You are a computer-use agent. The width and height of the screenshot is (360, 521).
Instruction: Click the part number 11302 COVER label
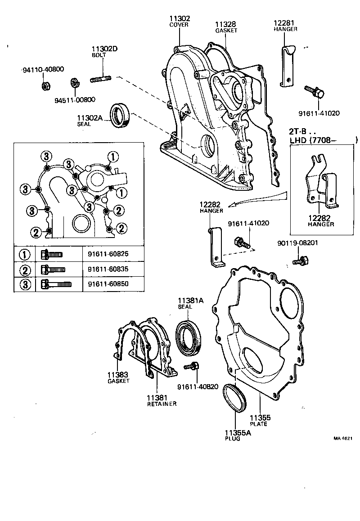(x=180, y=21)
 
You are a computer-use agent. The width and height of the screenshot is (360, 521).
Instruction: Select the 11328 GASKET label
(x=225, y=27)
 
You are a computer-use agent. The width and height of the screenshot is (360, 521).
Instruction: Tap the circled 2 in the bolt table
(x=25, y=270)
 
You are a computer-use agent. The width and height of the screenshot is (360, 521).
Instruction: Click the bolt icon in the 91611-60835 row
(x=53, y=270)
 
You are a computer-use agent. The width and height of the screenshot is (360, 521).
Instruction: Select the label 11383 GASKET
(x=117, y=377)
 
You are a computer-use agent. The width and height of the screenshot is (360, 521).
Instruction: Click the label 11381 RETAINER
(x=161, y=400)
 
